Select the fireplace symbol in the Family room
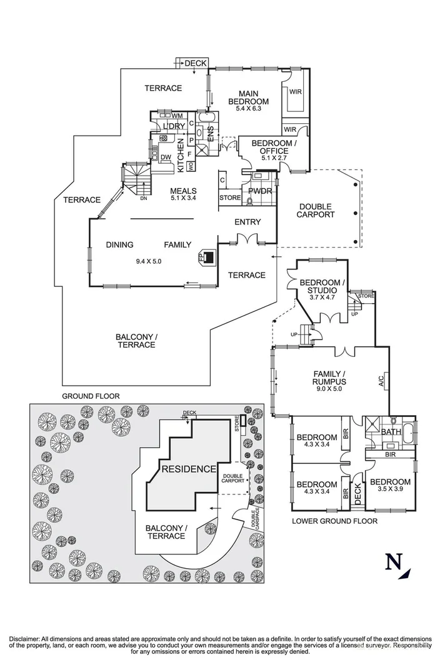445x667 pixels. click(x=206, y=257)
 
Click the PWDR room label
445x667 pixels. click(x=260, y=191)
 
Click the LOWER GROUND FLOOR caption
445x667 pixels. click(x=334, y=520)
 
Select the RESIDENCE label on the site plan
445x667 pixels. click(x=188, y=469)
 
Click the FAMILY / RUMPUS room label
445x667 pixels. click(x=329, y=378)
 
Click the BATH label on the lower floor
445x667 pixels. click(x=391, y=431)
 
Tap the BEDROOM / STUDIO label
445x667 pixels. click(x=322, y=287)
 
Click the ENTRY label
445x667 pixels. click(x=247, y=222)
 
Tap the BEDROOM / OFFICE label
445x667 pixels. click(x=270, y=147)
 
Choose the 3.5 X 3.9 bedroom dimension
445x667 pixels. click(x=389, y=492)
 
